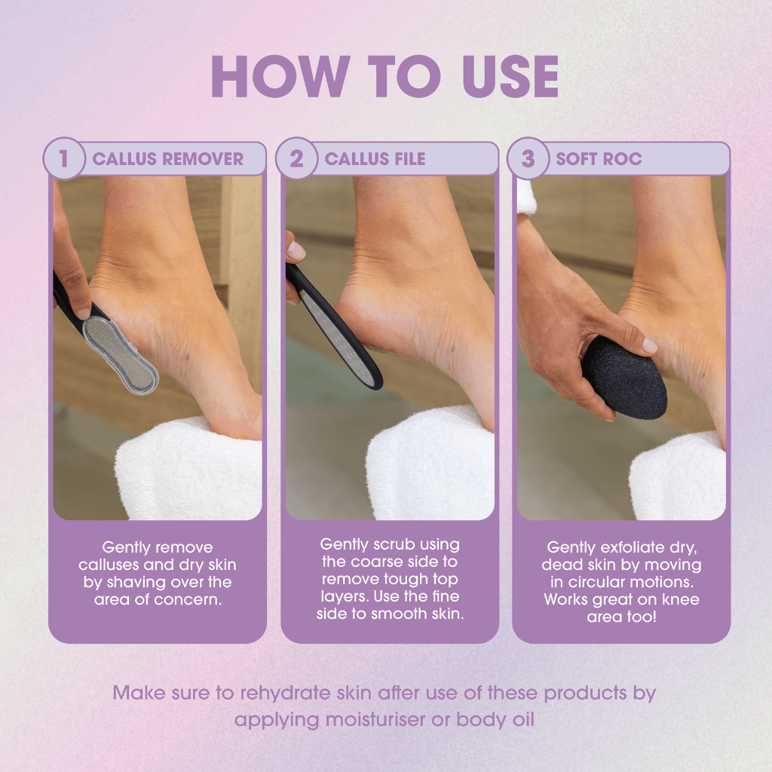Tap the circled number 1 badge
pos(64,159)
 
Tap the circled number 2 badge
pos(296,159)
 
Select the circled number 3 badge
pos(528,159)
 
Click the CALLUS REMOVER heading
pos(167,159)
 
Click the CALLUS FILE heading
pos(375,159)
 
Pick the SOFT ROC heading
pos(599,159)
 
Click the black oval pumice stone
pos(625,376)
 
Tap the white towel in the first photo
pos(188,475)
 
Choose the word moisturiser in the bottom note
pos(387,719)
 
